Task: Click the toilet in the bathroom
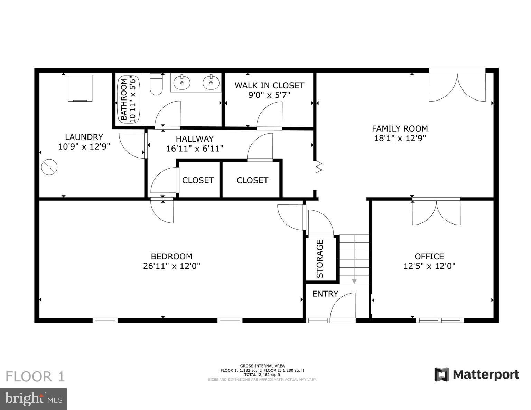[156, 85]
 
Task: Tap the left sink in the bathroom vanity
[182, 83]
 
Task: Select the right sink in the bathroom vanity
[211, 83]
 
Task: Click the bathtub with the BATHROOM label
[127, 100]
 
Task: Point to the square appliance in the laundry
[80, 88]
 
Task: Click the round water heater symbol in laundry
[49, 167]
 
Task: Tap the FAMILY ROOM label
[400, 129]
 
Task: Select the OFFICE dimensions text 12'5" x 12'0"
[429, 266]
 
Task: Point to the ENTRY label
[325, 294]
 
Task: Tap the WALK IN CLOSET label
[269, 85]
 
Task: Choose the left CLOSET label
[198, 180]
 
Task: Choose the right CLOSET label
[252, 180]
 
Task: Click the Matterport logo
[477, 374]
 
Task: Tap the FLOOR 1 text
[35, 376]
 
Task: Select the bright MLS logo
[34, 399]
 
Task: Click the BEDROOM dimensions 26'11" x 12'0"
[171, 266]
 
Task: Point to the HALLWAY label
[195, 139]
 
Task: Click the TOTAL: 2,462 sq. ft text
[262, 374]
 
